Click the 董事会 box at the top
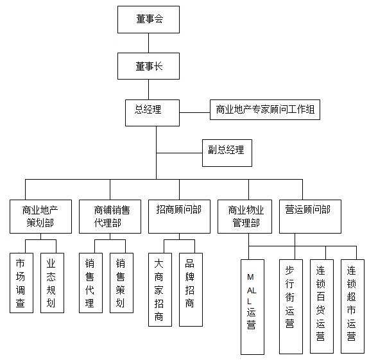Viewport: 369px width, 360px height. [x=148, y=19]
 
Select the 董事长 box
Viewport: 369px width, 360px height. [x=148, y=66]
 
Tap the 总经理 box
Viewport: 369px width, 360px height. [x=152, y=113]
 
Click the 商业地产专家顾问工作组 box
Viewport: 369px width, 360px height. [x=265, y=110]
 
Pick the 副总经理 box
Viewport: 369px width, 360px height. [x=227, y=153]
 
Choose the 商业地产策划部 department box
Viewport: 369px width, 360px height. [x=40, y=216]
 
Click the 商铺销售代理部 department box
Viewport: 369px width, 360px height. [x=110, y=216]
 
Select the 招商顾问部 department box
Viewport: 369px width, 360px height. [x=179, y=216]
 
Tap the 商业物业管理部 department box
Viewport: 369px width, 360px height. [x=245, y=216]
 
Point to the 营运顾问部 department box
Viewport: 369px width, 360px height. [x=310, y=216]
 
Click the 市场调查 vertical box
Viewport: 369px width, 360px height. [x=21, y=283]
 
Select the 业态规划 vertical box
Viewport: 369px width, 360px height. [x=52, y=283]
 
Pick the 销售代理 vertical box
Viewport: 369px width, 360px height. [x=91, y=283]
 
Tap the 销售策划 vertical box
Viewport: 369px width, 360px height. [x=122, y=283]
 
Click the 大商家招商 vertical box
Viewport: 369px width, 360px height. [x=160, y=289]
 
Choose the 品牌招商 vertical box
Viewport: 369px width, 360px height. [x=191, y=289]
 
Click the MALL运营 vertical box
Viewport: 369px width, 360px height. [x=252, y=307]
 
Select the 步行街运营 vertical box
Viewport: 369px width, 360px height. [x=291, y=307]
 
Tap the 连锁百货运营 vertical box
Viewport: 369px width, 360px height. [x=322, y=306]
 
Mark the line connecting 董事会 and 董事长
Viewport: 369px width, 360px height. [x=148, y=43]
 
